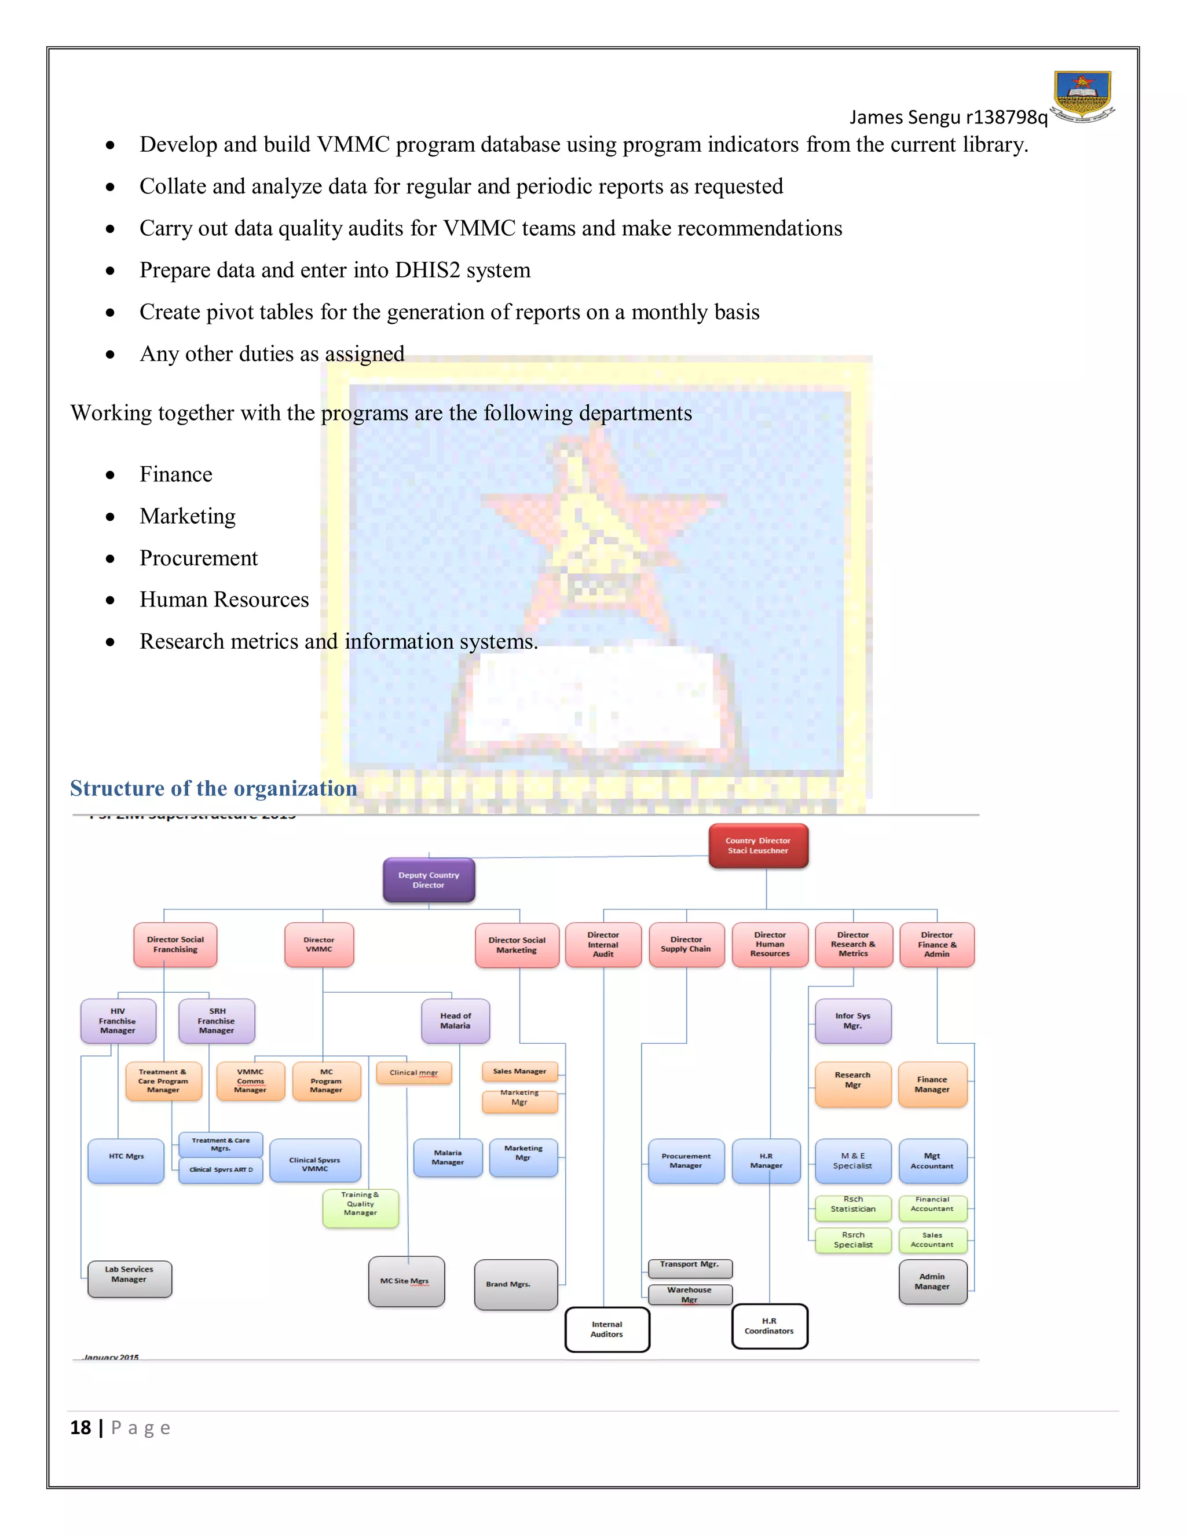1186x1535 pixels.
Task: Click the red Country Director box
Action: pos(758,846)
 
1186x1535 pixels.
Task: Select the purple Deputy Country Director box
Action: pos(429,880)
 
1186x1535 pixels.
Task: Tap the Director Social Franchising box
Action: pos(175,945)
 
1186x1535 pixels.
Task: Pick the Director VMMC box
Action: pos(319,945)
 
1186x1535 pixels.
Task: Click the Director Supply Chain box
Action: pos(686,945)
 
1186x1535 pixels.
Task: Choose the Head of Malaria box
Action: pos(455,1021)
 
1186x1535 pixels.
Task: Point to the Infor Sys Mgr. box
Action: pos(853,1021)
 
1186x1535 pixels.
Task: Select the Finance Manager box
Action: pos(932,1084)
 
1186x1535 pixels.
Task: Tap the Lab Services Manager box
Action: pos(129,1278)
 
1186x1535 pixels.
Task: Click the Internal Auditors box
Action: pos(607,1329)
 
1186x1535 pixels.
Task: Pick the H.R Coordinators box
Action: pos(770,1326)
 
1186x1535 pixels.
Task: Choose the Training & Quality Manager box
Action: pos(360,1208)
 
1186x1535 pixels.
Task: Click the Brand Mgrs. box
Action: pos(516,1285)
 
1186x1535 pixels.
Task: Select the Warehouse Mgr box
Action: pos(689,1294)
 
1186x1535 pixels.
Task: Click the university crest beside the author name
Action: pos(1083,97)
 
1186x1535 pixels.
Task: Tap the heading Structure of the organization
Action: pos(214,788)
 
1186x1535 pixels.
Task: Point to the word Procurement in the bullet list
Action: pos(199,558)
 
